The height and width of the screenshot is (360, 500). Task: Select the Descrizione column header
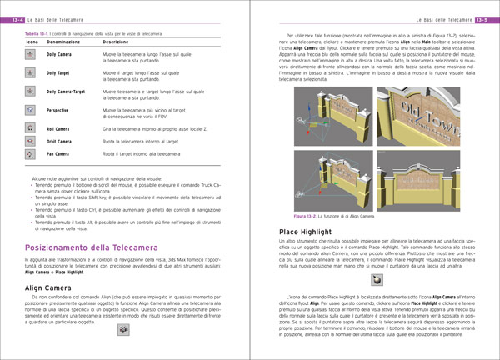click(115, 41)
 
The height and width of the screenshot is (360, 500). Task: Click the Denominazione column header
click(64, 41)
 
